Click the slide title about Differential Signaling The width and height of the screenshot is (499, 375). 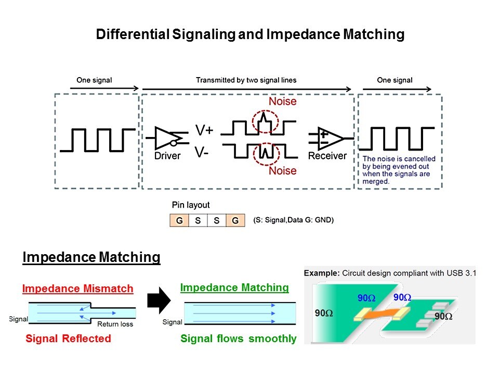(x=249, y=34)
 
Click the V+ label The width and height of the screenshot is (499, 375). (x=204, y=130)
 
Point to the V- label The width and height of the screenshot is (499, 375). (x=202, y=153)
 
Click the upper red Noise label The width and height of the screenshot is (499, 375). (x=282, y=101)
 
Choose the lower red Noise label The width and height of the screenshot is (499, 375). (x=282, y=171)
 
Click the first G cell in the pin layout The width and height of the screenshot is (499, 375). (x=179, y=220)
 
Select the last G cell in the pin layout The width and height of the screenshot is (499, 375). (x=235, y=220)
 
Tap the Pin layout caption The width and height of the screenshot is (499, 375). (x=191, y=205)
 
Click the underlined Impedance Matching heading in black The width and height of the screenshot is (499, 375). (x=91, y=257)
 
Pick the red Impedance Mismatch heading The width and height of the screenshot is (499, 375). (x=77, y=289)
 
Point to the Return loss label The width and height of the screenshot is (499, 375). (x=115, y=324)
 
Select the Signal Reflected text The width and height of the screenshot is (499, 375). (x=68, y=339)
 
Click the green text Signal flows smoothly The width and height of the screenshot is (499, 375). (x=238, y=339)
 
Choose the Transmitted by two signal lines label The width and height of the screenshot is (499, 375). (x=246, y=80)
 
